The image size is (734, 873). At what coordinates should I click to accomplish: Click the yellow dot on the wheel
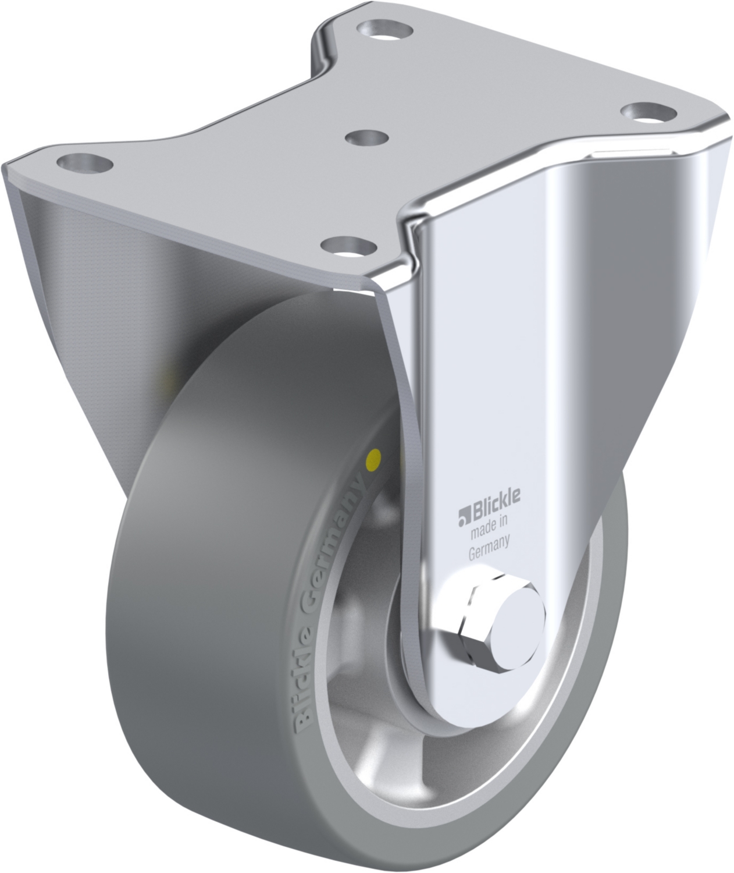click(373, 457)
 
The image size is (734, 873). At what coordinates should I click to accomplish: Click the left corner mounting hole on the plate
click(85, 162)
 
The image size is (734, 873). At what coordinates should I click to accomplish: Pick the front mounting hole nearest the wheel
click(350, 246)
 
